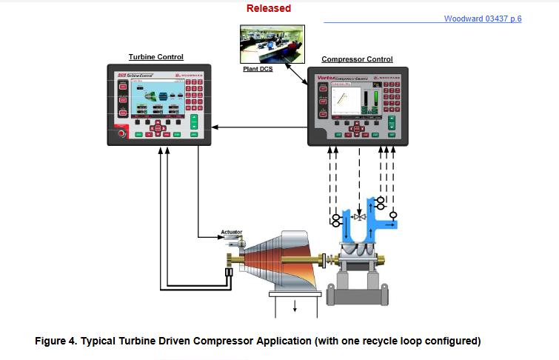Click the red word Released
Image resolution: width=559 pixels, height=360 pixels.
pyautogui.click(x=268, y=9)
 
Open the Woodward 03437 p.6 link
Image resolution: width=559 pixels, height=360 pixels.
pyautogui.click(x=483, y=19)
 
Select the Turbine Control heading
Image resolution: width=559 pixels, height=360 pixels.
pyautogui.click(x=156, y=57)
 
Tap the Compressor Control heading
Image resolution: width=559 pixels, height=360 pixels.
pyautogui.click(x=357, y=59)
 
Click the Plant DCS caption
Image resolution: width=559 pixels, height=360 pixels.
pyautogui.click(x=258, y=69)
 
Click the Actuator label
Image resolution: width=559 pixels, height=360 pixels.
pyautogui.click(x=232, y=233)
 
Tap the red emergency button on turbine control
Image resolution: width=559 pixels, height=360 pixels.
pyautogui.click(x=122, y=134)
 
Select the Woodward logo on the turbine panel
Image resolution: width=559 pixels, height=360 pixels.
pyautogui.click(x=187, y=76)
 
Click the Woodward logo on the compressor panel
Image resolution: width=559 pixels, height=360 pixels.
pyautogui.click(x=386, y=77)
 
